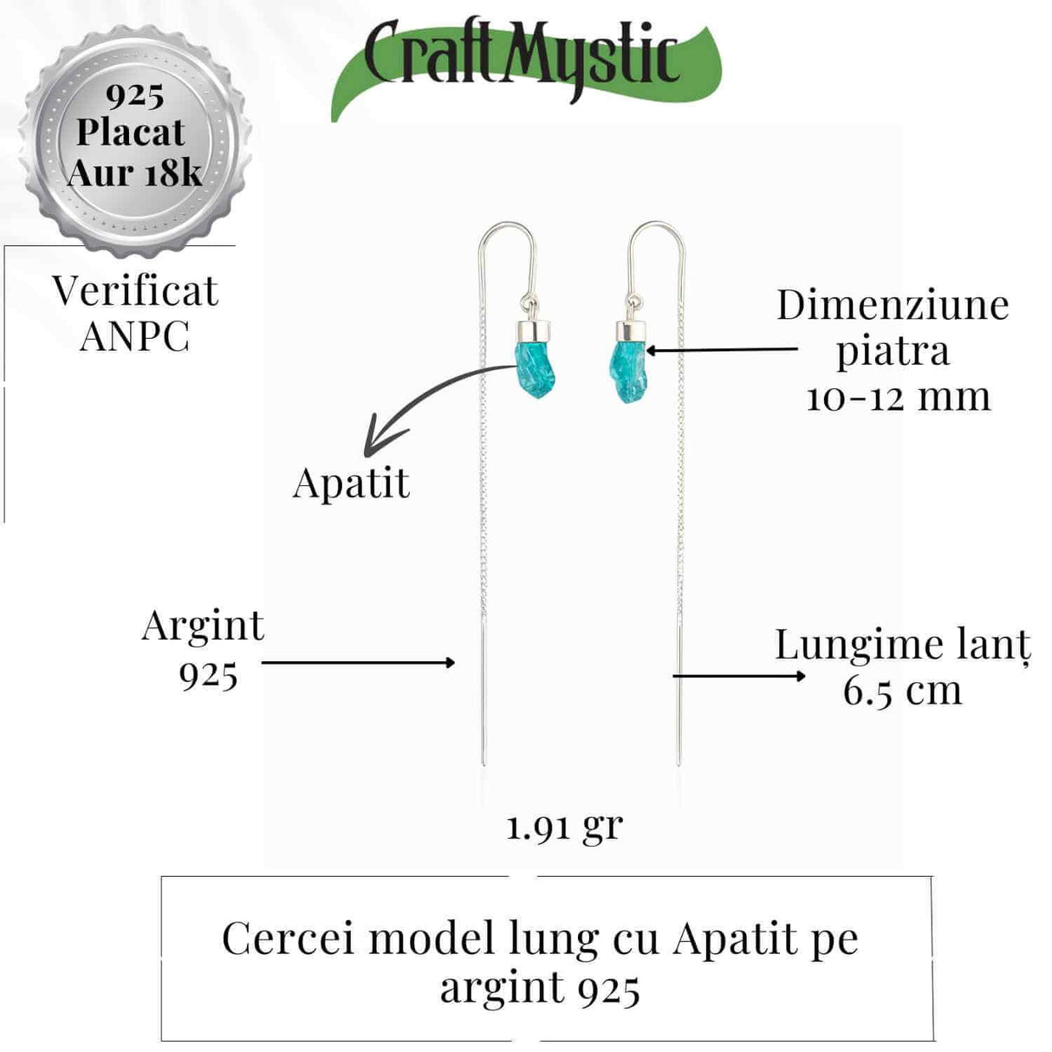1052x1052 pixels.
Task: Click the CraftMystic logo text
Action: click(521, 59)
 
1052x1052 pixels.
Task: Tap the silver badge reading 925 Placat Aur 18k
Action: click(134, 135)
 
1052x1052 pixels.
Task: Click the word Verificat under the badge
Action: click(135, 291)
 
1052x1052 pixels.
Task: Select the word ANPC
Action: click(134, 336)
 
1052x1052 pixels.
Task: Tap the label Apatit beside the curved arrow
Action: click(351, 484)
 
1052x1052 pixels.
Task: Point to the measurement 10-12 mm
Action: click(898, 397)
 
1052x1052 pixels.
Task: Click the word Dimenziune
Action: click(893, 305)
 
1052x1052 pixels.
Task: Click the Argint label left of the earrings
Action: click(203, 626)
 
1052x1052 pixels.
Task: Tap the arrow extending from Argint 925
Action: click(358, 663)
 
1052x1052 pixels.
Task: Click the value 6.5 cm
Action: click(902, 691)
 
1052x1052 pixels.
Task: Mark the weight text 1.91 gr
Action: click(564, 827)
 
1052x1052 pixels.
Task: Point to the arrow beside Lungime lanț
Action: click(738, 675)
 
